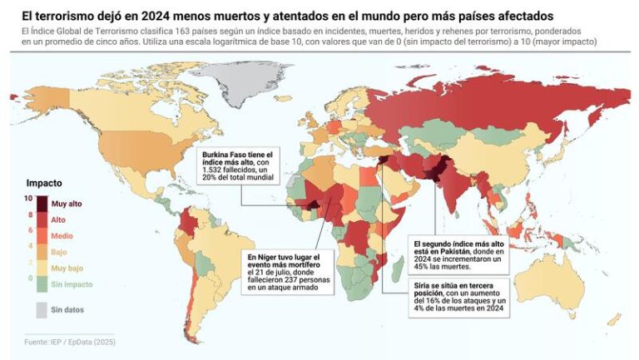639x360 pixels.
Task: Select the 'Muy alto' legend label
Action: (x=66, y=203)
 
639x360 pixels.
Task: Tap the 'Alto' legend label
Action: (x=58, y=219)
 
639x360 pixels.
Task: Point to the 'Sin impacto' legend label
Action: (x=71, y=285)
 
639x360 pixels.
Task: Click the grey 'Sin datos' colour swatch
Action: (x=42, y=310)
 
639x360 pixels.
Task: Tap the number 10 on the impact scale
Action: (x=27, y=199)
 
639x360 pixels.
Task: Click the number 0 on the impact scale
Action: (x=29, y=279)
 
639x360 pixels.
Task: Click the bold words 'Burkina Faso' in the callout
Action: (x=225, y=155)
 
